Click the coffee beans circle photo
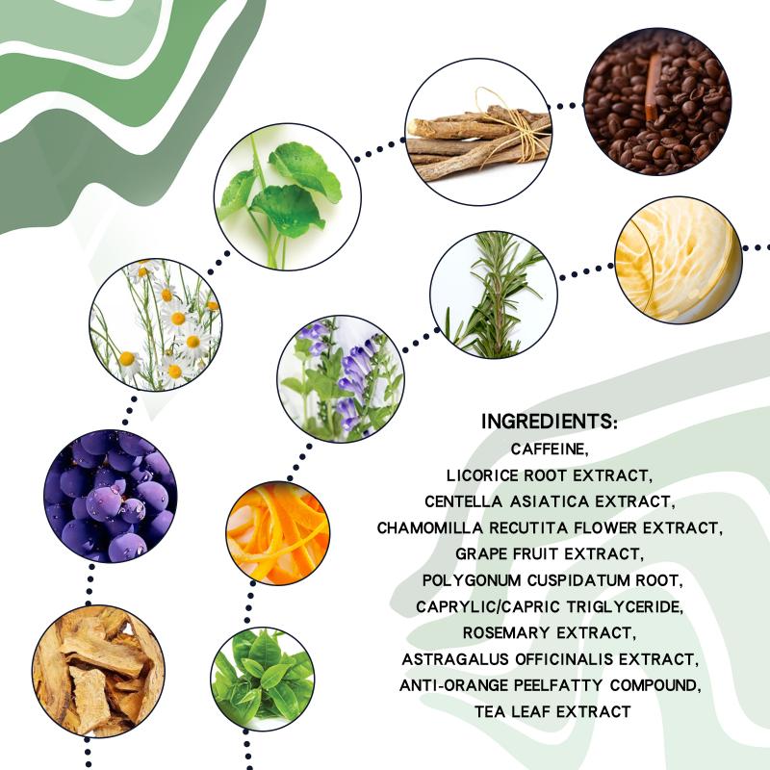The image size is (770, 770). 657,101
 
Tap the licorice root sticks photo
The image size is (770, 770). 478,132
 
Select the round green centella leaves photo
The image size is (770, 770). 287,196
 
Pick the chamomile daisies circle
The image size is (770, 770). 156,324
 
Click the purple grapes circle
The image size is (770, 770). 111,496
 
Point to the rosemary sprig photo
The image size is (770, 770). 494,295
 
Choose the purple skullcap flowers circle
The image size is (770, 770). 341,378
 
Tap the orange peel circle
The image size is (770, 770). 278,533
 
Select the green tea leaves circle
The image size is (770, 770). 263,680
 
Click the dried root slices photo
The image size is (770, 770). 98,671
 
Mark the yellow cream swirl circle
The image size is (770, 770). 679,260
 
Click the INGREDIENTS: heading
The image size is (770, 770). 549,422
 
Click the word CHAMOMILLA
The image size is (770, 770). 429,527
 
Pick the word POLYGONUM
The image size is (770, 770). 472,580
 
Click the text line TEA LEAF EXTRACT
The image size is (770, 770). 552,711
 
